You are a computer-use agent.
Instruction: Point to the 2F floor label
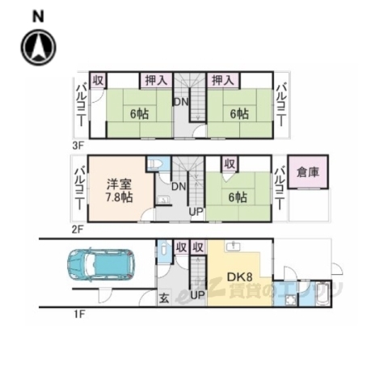78,230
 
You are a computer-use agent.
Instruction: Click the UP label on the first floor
197,296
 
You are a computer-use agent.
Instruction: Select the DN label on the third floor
183,102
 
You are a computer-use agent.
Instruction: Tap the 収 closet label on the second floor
230,164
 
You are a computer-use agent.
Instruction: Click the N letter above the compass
37,15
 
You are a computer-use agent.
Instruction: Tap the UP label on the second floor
196,212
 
